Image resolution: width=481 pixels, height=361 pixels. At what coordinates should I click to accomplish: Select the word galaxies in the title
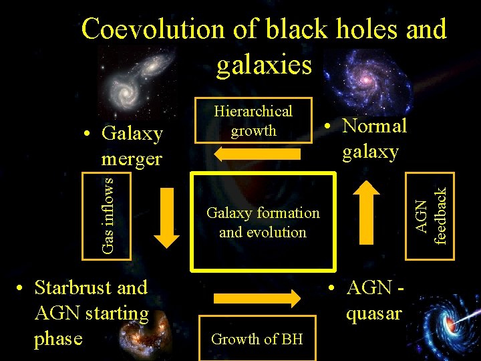pos(264,64)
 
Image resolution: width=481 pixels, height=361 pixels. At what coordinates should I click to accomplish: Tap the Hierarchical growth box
pos(253,122)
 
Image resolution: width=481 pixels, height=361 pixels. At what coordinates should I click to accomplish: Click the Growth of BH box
pos(257,339)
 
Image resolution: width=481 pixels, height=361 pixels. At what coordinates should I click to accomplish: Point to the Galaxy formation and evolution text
pos(263,223)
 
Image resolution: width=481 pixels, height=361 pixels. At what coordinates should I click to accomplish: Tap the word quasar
pos(373,313)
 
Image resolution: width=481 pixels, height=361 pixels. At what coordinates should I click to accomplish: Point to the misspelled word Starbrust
pos(74,288)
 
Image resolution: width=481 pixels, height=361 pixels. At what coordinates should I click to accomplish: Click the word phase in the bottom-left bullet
pos(58,338)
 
